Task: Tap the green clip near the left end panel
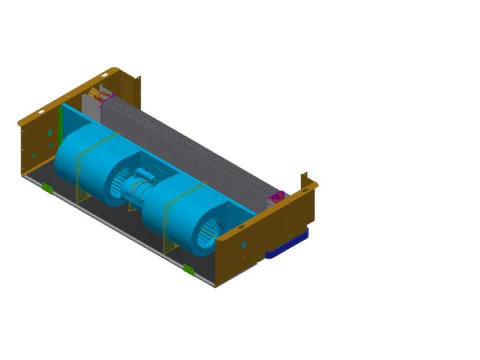click(x=47, y=187)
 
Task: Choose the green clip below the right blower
click(x=188, y=271)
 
